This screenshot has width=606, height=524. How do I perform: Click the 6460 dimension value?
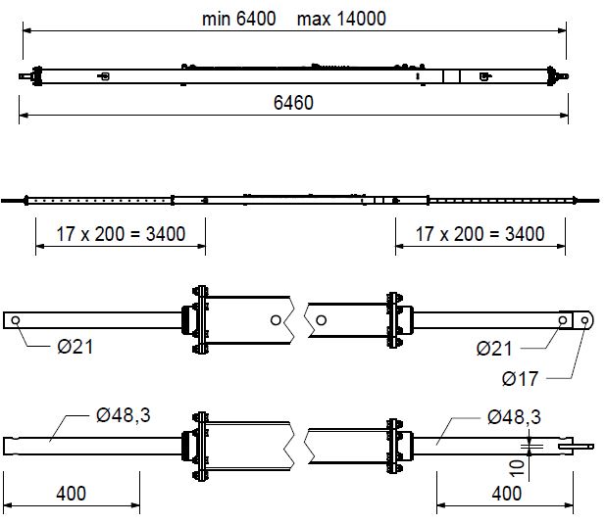pos(293,103)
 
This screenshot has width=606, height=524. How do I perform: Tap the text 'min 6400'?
pos(238,19)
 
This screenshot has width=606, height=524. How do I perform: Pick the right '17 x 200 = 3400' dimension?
pos(480,233)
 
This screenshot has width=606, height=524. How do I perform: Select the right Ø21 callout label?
pos(497,347)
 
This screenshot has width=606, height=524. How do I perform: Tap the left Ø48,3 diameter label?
pos(123,415)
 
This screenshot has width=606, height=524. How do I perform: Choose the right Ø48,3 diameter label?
pos(513,415)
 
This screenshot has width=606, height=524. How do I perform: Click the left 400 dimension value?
pos(70,493)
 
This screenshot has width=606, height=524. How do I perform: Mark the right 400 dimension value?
pos(506,493)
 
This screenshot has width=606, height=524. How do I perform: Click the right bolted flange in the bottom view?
pos(395,447)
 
